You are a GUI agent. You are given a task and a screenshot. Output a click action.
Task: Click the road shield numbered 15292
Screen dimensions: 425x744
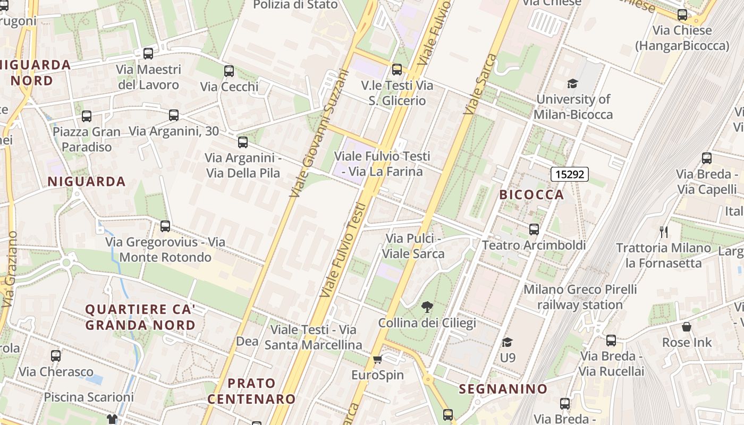pos(569,174)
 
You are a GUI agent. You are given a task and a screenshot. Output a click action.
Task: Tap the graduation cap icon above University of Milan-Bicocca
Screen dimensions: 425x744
pos(572,83)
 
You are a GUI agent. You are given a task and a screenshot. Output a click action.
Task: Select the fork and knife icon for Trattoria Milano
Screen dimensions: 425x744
pos(663,232)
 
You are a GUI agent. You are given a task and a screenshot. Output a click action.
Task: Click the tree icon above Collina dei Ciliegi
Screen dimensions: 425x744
pos(427,307)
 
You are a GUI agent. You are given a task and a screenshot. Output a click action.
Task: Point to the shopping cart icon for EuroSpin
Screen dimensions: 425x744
pos(378,360)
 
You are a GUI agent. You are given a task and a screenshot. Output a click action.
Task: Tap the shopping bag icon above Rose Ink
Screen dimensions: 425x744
pos(687,327)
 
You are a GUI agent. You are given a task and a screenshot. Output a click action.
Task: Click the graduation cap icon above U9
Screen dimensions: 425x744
pos(508,342)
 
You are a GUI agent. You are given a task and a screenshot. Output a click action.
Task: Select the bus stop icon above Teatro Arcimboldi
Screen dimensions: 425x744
pos(534,229)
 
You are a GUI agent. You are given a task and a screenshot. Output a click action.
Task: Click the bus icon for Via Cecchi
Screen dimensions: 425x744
pos(229,71)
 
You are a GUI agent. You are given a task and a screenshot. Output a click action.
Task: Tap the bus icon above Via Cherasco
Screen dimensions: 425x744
pos(56,356)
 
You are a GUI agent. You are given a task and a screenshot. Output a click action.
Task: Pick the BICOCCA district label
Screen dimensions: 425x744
pos(531,194)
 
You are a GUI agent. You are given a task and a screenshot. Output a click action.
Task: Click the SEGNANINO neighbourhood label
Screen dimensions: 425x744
pos(503,389)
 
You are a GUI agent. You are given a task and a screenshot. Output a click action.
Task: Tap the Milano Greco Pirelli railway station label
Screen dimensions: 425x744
pos(580,297)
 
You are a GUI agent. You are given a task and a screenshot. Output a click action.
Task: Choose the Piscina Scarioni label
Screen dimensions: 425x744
pos(89,397)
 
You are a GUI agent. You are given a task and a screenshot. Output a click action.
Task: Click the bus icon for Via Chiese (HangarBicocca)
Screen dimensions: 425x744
pos(682,15)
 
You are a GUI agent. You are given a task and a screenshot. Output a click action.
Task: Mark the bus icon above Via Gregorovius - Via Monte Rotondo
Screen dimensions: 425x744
pos(165,226)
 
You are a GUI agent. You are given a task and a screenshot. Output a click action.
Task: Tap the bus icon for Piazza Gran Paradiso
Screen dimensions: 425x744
pos(87,116)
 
